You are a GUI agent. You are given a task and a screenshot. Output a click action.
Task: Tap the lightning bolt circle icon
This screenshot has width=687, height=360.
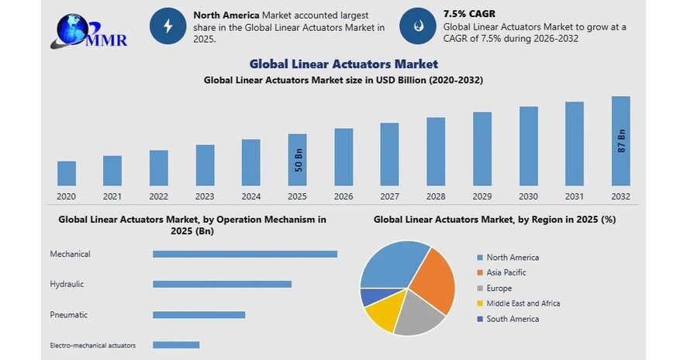[x=168, y=26]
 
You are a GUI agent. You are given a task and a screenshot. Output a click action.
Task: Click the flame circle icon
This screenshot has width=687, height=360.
[x=417, y=26]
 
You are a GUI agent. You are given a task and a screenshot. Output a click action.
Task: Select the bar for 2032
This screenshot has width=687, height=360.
[x=620, y=140]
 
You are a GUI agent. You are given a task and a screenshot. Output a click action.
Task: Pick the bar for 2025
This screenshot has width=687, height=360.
[x=297, y=160]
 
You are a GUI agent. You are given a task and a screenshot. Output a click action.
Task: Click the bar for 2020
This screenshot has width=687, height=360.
[x=67, y=173]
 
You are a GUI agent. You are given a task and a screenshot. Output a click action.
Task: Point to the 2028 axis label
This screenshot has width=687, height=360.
[x=436, y=196]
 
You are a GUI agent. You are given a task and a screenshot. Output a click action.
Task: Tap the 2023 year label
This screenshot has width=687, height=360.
[x=205, y=196]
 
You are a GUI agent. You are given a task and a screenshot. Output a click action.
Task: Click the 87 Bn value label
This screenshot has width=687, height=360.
[x=621, y=141]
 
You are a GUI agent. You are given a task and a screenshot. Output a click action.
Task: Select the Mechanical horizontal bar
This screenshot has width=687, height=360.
[x=245, y=254]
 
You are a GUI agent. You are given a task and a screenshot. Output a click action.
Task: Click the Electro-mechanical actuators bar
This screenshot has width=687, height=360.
[x=176, y=344]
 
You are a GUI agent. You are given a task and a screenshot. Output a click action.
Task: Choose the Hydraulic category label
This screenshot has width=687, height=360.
[x=67, y=284]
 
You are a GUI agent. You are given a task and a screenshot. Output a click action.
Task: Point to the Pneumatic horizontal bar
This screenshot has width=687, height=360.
[x=199, y=314]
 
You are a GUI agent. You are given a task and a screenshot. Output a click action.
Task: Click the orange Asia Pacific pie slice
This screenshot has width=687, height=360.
[x=433, y=279]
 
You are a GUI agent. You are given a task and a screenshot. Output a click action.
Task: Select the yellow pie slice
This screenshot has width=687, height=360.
[x=381, y=315]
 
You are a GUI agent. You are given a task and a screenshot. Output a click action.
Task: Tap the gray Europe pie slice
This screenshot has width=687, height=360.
[x=419, y=316]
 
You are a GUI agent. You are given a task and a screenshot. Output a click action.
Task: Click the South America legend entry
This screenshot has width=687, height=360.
[x=512, y=319]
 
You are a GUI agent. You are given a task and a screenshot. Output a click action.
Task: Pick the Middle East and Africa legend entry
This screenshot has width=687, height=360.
[x=523, y=303]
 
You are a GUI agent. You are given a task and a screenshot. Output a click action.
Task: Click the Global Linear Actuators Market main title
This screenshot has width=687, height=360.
[x=343, y=64]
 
